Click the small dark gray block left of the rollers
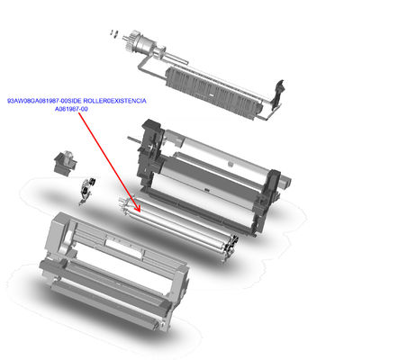pyautogui.click(x=62, y=163)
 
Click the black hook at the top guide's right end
pyautogui.click(x=283, y=89)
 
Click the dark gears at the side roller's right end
pyautogui.click(x=231, y=243)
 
